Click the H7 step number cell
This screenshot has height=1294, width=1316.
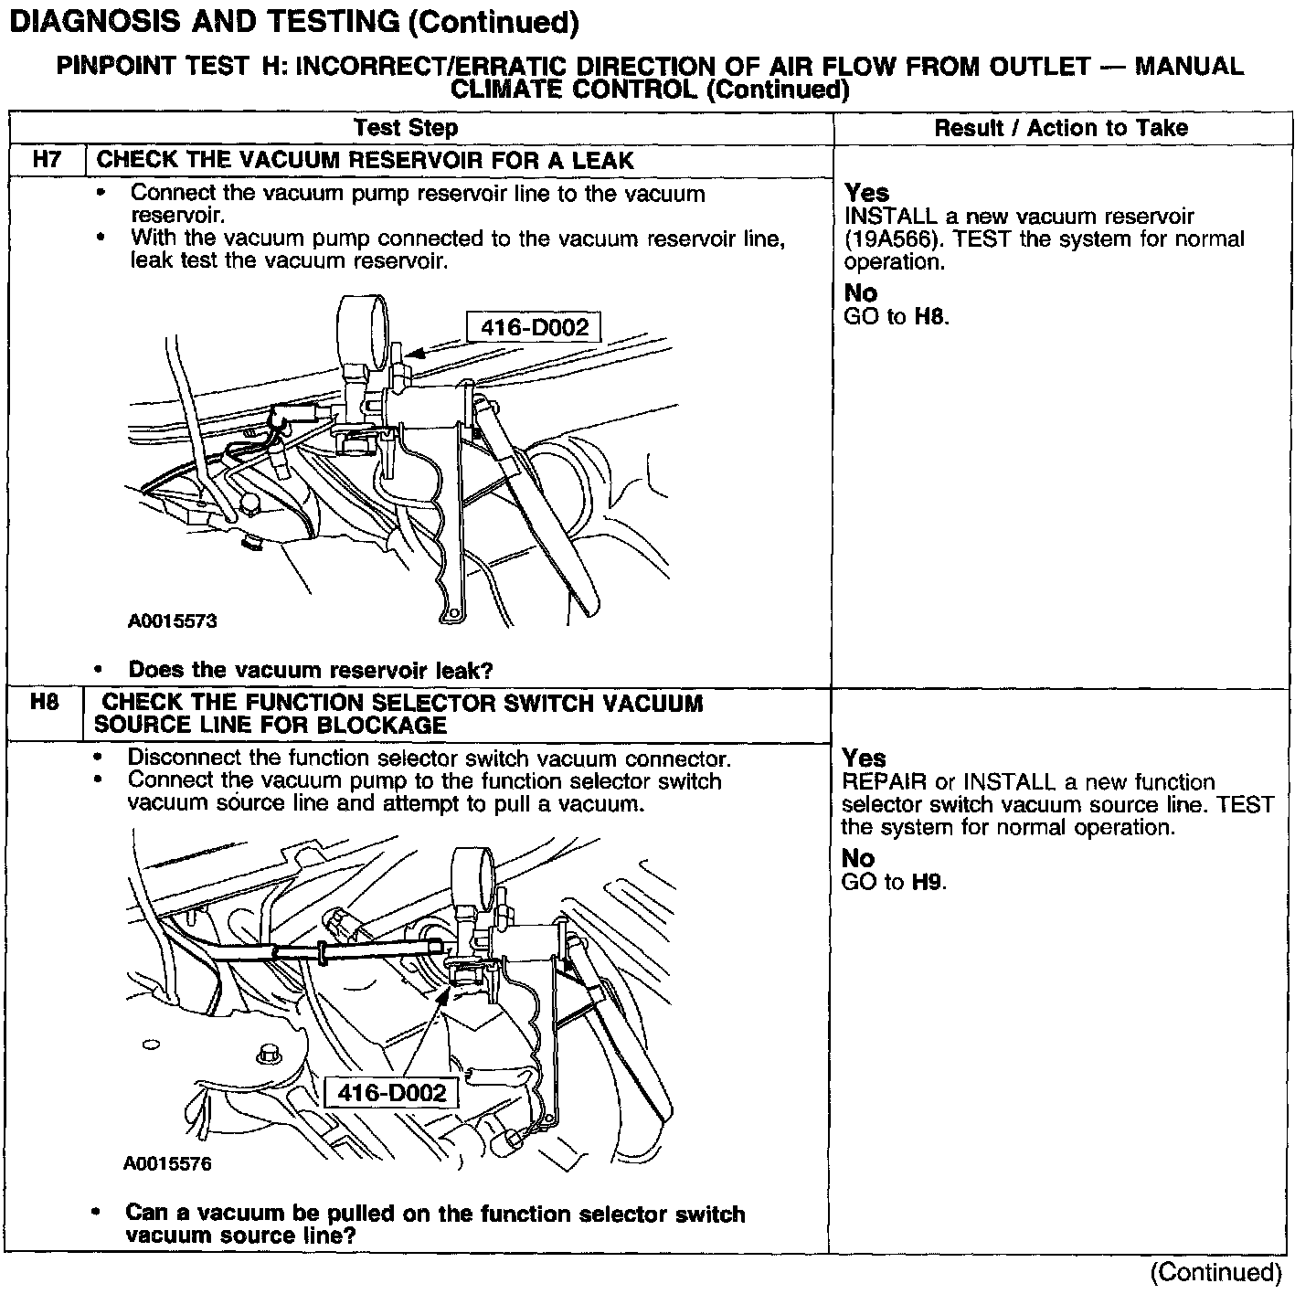[x=47, y=160]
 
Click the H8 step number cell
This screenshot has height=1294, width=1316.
[x=45, y=703]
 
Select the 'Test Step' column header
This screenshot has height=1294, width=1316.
[x=406, y=128]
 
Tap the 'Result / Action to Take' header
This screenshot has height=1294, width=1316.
[x=1061, y=128]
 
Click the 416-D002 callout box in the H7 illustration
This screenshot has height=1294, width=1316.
[x=534, y=327]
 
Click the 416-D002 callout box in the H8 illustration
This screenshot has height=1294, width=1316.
[x=391, y=1093]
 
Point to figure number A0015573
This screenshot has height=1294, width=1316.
[x=172, y=621]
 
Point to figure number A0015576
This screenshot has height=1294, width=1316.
[x=167, y=1164]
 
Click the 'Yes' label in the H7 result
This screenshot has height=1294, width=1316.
[x=866, y=193]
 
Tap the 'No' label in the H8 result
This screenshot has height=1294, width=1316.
[x=857, y=859]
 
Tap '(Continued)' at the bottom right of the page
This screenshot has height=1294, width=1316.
[x=1215, y=1272]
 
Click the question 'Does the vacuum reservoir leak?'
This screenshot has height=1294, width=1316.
[x=310, y=670]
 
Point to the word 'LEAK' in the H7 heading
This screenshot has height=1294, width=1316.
[x=603, y=161]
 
